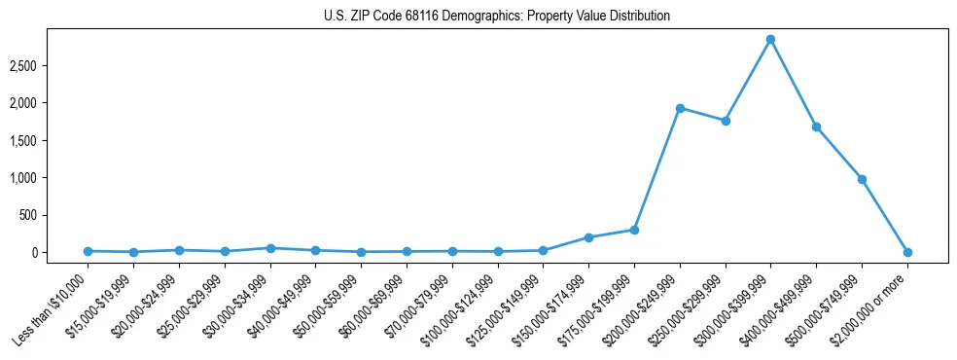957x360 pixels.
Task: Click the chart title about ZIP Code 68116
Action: click(x=497, y=17)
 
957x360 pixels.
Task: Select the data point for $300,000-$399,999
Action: click(x=770, y=40)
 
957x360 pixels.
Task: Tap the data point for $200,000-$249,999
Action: click(x=680, y=108)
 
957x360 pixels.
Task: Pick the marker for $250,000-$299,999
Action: click(x=726, y=121)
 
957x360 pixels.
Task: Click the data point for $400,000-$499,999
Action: click(x=816, y=126)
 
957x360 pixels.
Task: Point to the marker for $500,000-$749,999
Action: click(x=862, y=179)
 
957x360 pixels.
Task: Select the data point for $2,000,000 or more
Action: click(x=907, y=252)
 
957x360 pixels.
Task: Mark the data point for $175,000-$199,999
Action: click(x=634, y=230)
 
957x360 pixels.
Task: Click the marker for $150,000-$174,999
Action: click(x=588, y=237)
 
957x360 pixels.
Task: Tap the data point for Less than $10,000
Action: click(x=88, y=251)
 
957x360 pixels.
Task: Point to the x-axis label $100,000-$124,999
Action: click(x=459, y=311)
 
